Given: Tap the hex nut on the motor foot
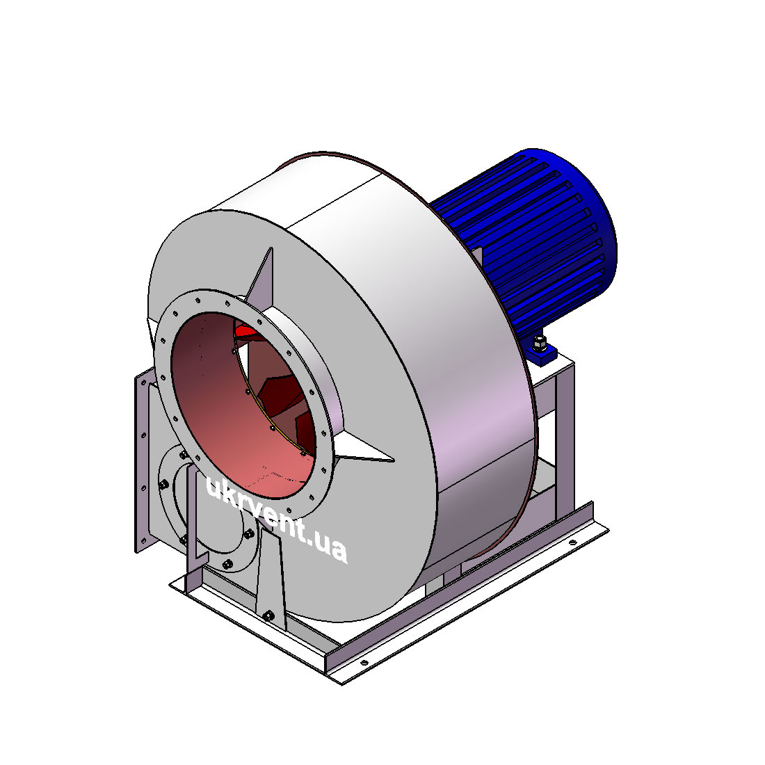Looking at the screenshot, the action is click(538, 343).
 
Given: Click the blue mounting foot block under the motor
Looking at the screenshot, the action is click(542, 354).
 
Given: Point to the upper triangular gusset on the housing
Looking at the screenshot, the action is click(261, 279).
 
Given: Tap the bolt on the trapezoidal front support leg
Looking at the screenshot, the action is click(268, 615).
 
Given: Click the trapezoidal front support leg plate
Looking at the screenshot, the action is click(270, 581).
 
